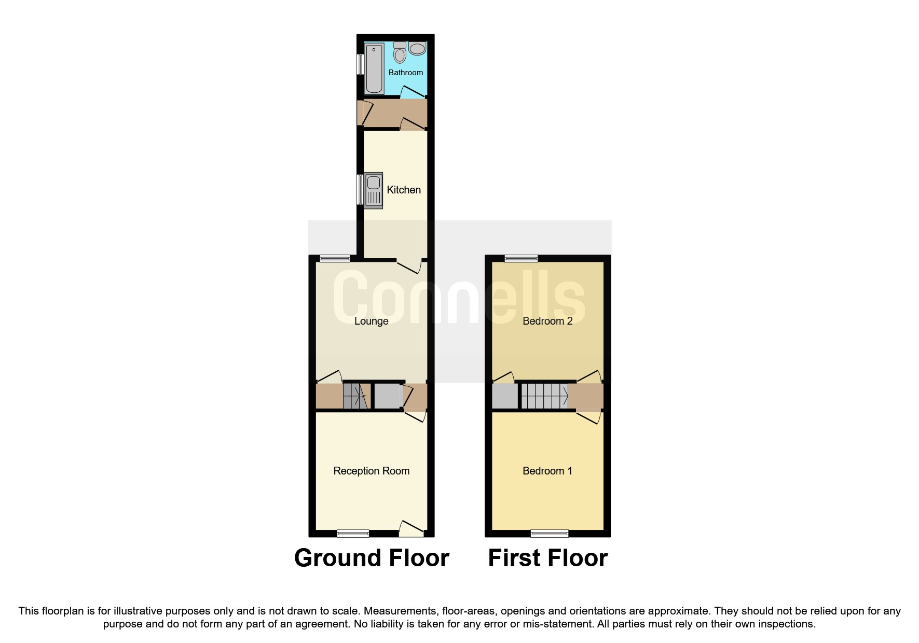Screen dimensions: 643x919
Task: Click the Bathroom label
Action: tap(405, 73)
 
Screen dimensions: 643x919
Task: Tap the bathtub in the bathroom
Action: tap(374, 69)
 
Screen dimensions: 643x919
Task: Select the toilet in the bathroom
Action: tap(400, 53)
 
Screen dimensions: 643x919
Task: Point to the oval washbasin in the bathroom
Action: tap(417, 49)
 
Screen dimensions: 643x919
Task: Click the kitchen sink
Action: tap(374, 190)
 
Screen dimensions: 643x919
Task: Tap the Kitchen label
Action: tap(404, 190)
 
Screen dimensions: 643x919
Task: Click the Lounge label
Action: tap(371, 321)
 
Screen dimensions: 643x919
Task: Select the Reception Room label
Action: tap(371, 471)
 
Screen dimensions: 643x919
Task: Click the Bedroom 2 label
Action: tap(547, 321)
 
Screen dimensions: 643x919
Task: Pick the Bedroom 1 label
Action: tap(547, 471)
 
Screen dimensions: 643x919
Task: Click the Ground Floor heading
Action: tap(372, 558)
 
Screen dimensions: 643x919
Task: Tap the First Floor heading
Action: tap(547, 558)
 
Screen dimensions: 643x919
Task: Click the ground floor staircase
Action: tap(356, 397)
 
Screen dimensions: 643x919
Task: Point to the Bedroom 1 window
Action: tap(550, 533)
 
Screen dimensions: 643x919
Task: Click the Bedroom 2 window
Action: tap(522, 258)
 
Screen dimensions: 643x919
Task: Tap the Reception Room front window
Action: tap(353, 533)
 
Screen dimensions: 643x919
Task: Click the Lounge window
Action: tap(335, 258)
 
